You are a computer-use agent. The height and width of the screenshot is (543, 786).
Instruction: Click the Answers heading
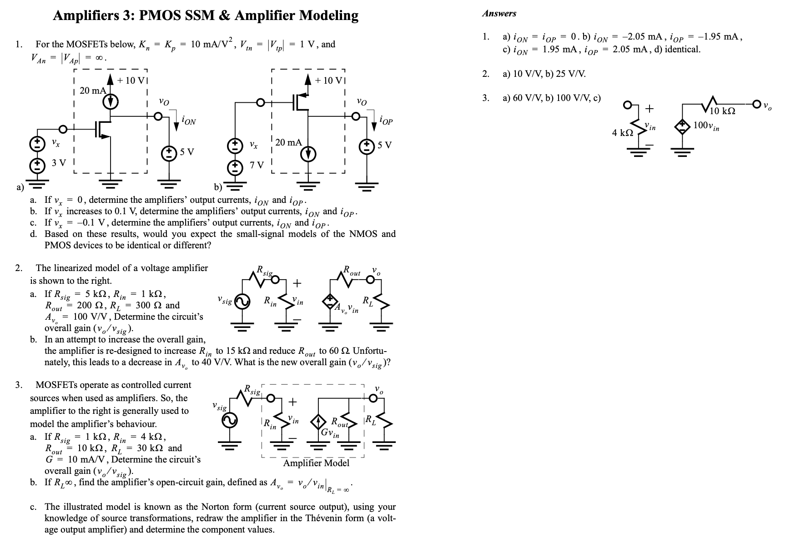[x=499, y=14]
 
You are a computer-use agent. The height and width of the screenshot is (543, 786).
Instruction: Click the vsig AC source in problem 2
[x=242, y=301]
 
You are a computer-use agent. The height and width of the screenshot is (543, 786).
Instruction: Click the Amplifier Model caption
[x=316, y=463]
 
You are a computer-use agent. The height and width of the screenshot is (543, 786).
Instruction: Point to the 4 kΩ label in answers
[x=622, y=133]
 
